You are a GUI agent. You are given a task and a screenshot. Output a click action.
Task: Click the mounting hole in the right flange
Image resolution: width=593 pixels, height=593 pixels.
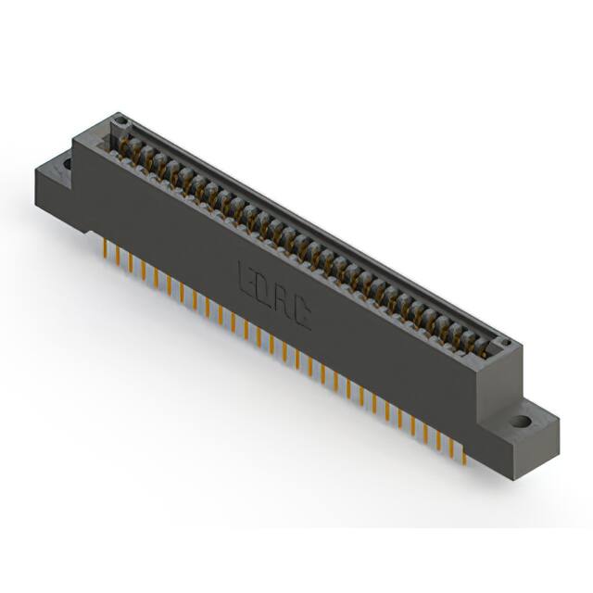coord(523,421)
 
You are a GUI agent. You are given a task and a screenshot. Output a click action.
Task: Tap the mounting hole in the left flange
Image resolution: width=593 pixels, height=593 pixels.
coord(66,165)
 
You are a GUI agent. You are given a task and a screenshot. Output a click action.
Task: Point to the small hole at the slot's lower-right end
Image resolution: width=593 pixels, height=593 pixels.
coord(507,344)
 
